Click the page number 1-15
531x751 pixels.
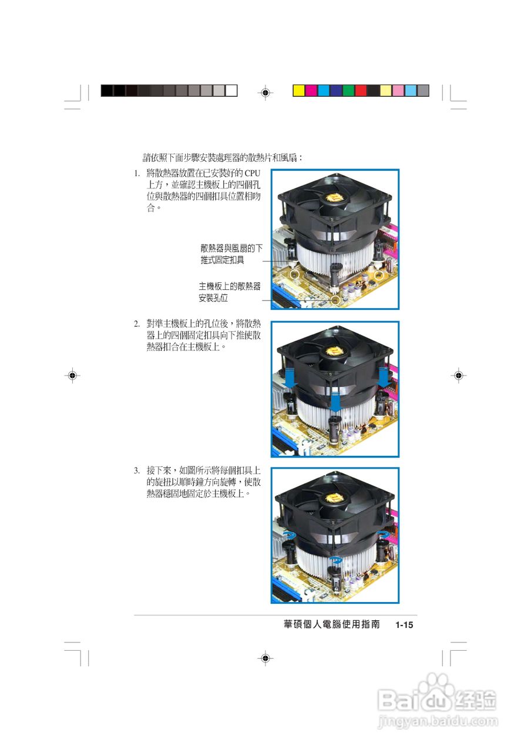coord(405,625)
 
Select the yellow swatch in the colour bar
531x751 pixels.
coord(299,90)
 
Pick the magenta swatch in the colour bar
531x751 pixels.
coord(311,90)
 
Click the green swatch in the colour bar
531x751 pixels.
coord(348,90)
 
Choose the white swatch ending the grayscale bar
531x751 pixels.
coord(231,90)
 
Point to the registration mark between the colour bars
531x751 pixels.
coord(265,92)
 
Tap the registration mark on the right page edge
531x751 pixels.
coord(459,375)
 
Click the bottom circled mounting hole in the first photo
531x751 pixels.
coord(335,300)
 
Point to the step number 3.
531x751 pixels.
coord(136,471)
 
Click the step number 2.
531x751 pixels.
coord(136,324)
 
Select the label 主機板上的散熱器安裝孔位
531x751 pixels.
coord(229,292)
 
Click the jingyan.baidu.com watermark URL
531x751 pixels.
coord(438,720)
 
